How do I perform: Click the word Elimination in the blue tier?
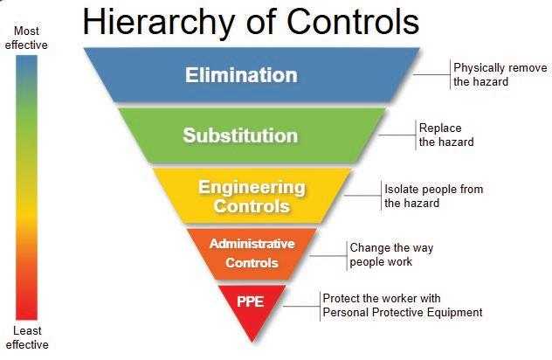(x=240, y=74)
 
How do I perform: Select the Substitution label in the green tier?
(x=240, y=135)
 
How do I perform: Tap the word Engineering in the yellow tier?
(x=252, y=187)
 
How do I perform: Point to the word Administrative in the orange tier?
(x=252, y=243)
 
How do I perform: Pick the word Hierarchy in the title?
(x=158, y=22)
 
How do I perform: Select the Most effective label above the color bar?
(x=27, y=38)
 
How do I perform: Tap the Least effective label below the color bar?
(x=27, y=337)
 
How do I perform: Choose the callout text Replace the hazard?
(x=445, y=135)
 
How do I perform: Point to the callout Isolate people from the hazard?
(x=433, y=196)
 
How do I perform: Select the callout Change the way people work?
(x=390, y=254)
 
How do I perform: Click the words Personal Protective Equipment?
(x=403, y=312)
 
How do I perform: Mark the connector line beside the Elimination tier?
(x=431, y=74)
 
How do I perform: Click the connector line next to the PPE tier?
(x=301, y=305)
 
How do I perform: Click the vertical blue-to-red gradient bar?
(x=27, y=188)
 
